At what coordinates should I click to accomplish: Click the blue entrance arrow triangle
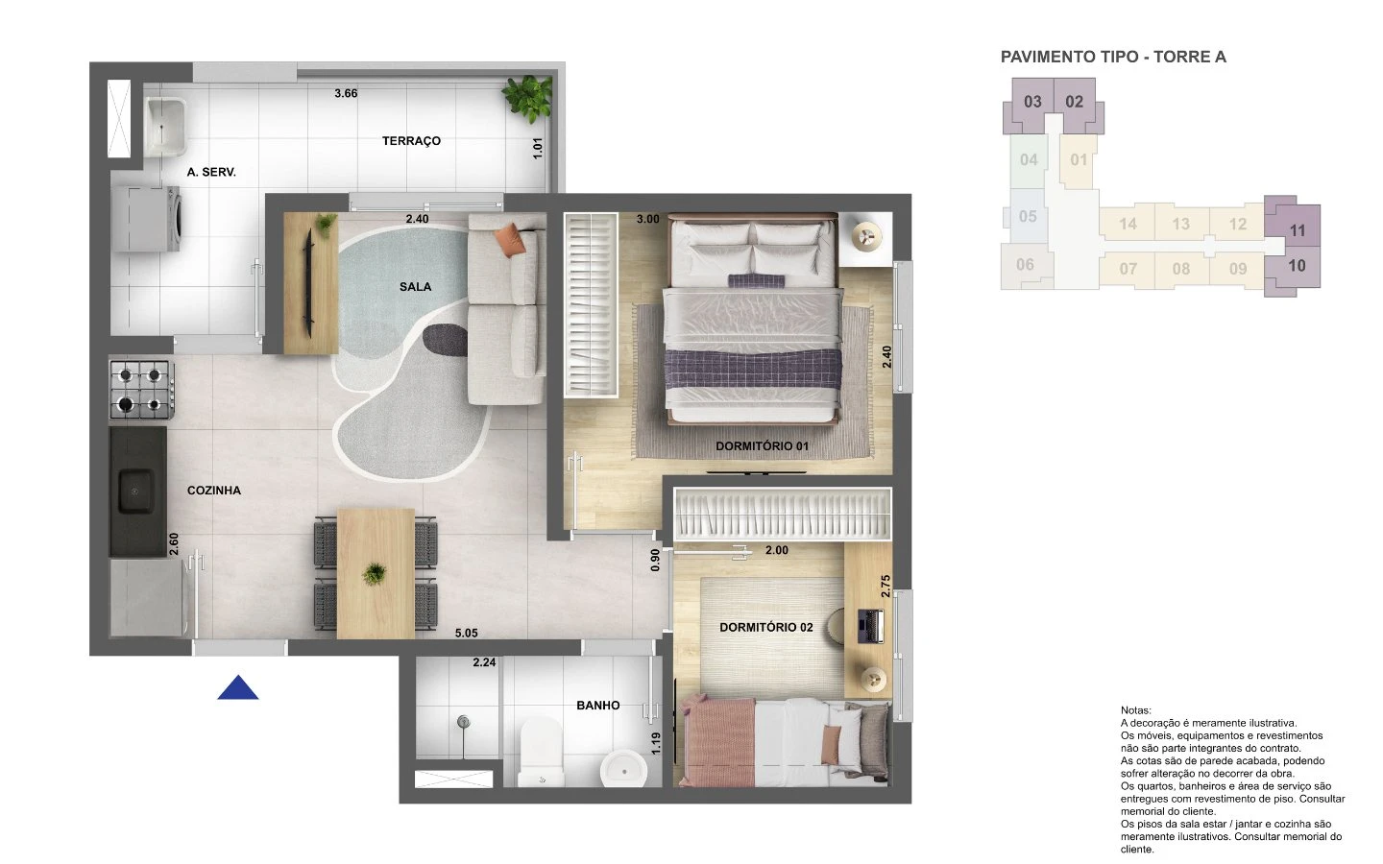(238, 688)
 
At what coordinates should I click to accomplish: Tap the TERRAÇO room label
(411, 141)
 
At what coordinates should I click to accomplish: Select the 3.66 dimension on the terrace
(346, 93)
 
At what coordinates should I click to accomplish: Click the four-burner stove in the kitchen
(141, 390)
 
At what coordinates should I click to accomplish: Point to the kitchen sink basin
(135, 491)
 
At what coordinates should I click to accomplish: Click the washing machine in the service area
(146, 219)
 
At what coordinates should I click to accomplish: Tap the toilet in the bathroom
(542, 753)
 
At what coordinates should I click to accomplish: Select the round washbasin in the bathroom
(623, 769)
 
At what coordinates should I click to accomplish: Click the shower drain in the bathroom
(463, 722)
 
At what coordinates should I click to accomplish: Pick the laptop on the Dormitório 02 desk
(870, 626)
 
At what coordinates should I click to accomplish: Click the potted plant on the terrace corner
(528, 98)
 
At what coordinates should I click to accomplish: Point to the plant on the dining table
(375, 574)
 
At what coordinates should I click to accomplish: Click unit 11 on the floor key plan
(1298, 230)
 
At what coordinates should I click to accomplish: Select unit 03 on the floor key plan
(1032, 102)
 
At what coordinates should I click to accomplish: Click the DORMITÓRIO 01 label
(762, 446)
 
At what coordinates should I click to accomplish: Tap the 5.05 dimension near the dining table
(466, 634)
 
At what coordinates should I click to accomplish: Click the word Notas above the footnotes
(1136, 710)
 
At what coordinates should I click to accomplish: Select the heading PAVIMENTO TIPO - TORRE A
(1113, 57)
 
